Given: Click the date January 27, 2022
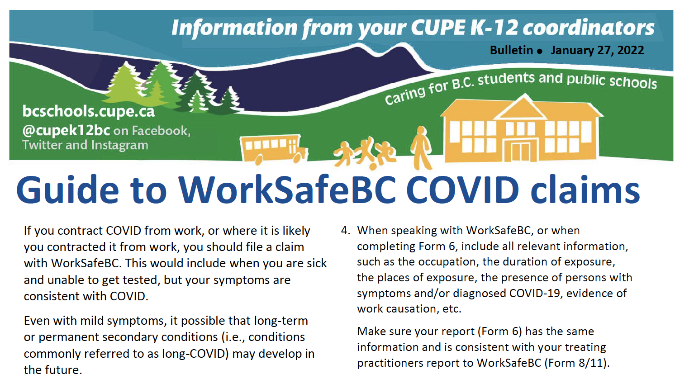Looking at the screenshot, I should (597, 50).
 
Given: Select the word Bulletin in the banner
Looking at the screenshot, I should (511, 50).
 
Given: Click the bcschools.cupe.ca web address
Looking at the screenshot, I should (89, 111).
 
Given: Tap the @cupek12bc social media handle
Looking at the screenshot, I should (66, 131).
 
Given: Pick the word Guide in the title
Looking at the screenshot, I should (67, 190).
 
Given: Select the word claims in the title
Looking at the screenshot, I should (585, 190).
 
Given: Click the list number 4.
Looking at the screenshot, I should (345, 231).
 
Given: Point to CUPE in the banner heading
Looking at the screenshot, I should (437, 28).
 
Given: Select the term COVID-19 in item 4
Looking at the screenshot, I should (535, 294).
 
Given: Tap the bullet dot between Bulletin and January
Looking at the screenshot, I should (539, 52).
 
